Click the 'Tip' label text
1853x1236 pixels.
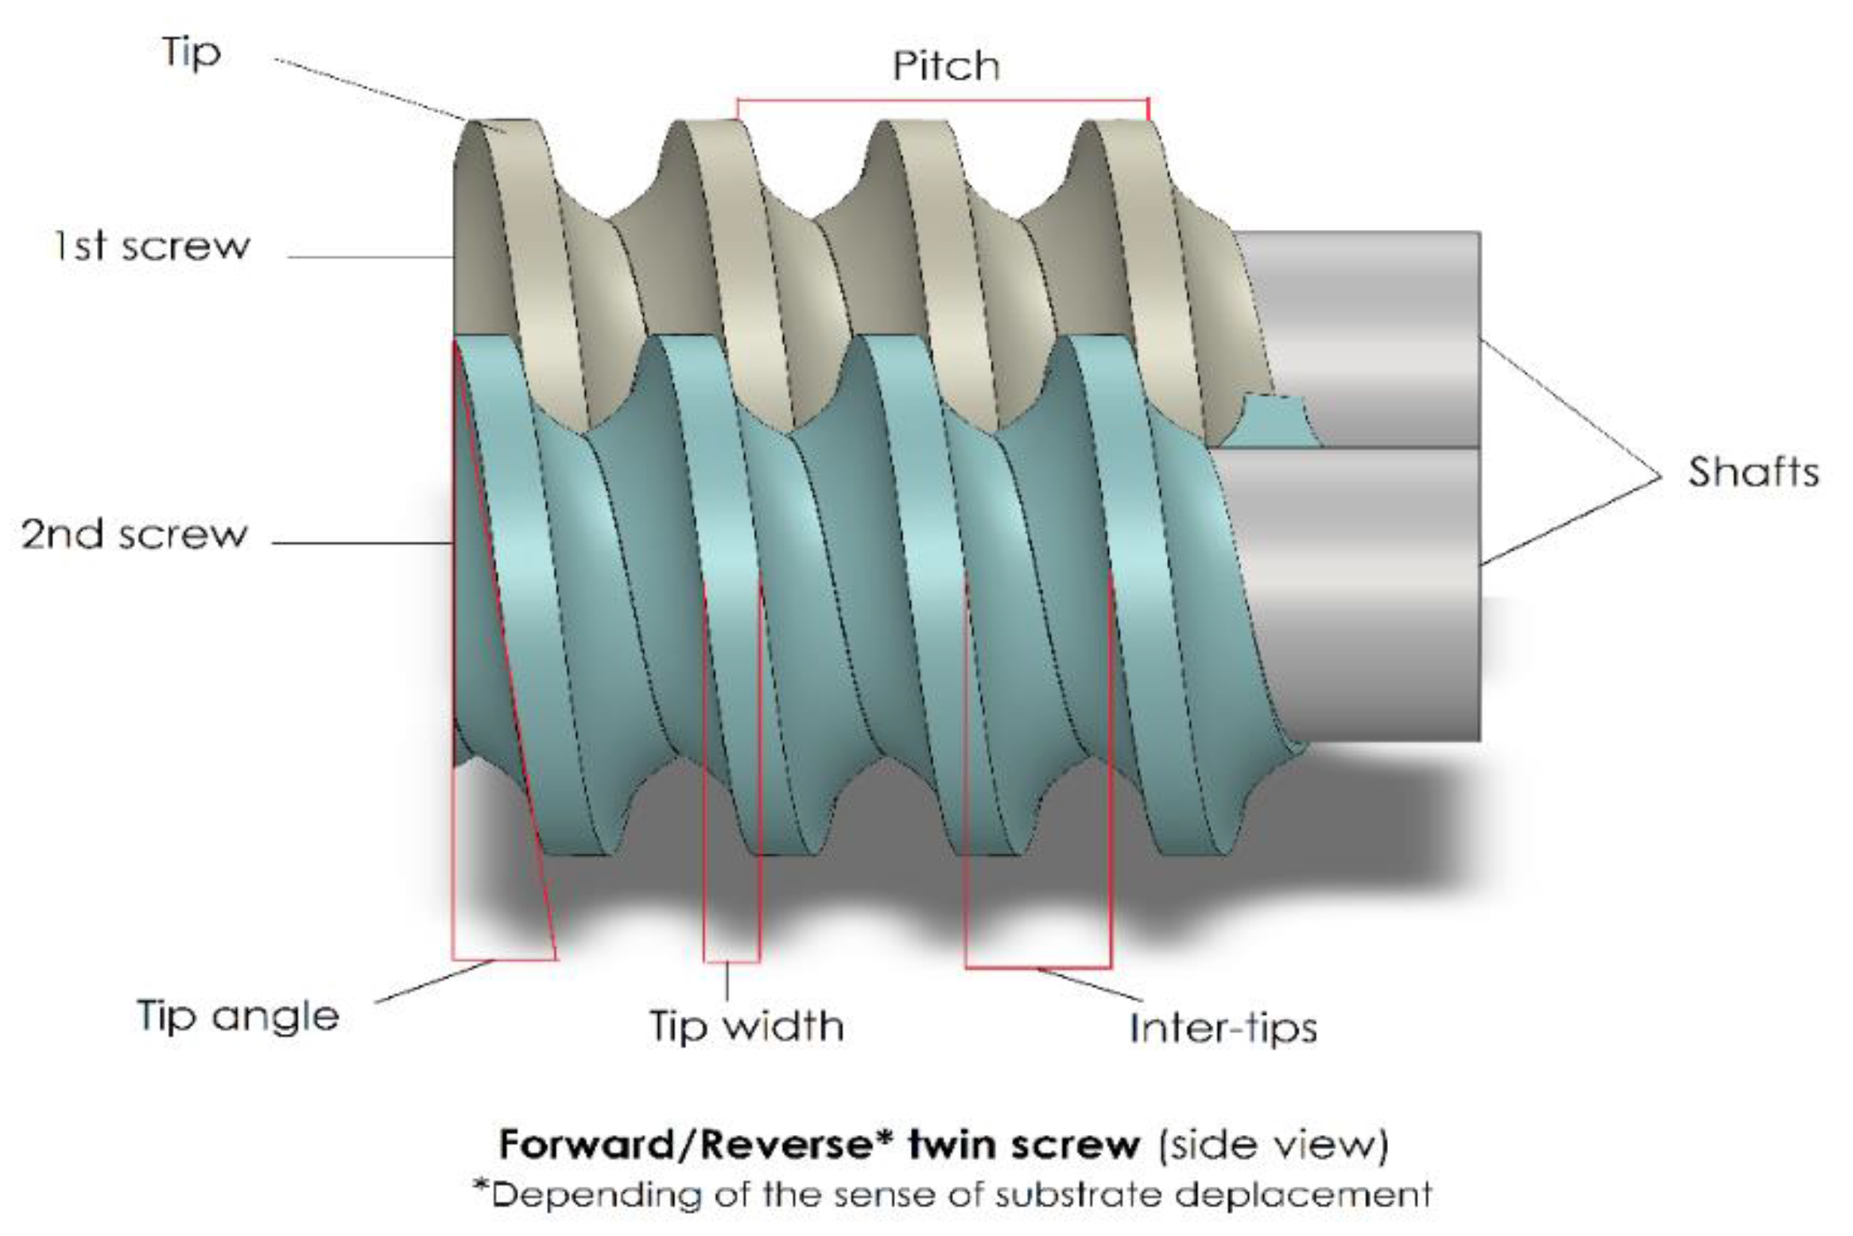tap(191, 53)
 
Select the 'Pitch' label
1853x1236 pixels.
tap(945, 66)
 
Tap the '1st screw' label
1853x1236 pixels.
tap(152, 246)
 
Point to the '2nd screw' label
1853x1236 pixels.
tap(134, 534)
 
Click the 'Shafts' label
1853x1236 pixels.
tap(1753, 472)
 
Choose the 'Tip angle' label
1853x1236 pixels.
tap(238, 1016)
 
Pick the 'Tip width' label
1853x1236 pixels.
tap(746, 1025)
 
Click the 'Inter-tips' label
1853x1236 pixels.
tap(1223, 1027)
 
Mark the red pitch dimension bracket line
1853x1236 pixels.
tap(943, 100)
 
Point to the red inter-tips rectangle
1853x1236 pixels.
tap(1038, 967)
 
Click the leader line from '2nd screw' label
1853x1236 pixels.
tap(362, 543)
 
